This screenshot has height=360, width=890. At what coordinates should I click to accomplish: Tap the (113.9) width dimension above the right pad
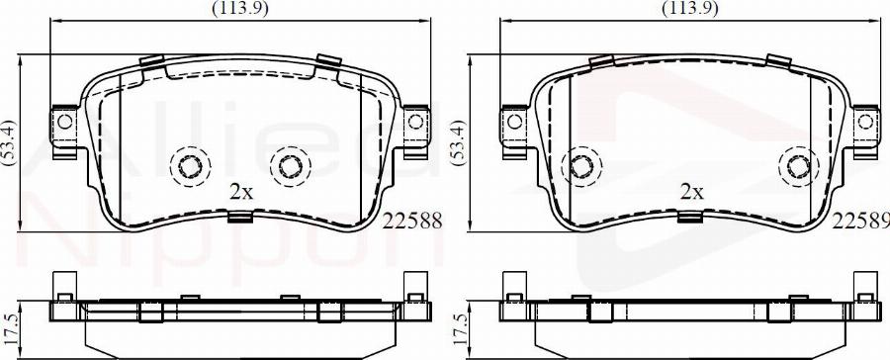(x=688, y=9)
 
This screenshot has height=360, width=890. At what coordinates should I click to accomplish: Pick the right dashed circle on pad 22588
(x=289, y=165)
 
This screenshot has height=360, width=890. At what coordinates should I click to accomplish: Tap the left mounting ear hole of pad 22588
(x=65, y=123)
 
